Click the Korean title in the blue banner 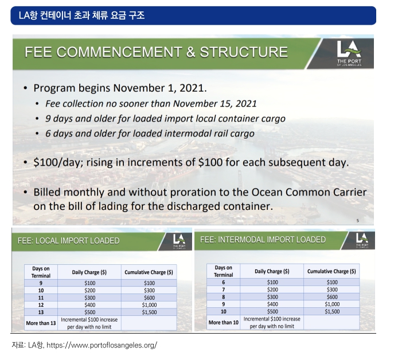82,15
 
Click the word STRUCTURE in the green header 244,52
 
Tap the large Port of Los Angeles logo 349,53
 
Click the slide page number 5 358,221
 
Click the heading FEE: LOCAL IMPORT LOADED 69,241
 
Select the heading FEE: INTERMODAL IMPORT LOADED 263,240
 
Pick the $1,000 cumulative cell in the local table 149,305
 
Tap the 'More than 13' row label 41,323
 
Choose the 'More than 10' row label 223,323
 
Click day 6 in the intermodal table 223,283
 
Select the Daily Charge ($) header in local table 89,272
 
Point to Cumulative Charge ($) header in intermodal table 331,271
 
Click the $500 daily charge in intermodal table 272,311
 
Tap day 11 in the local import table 41,298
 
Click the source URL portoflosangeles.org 102,345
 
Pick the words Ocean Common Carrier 309,192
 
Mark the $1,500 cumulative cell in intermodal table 332,311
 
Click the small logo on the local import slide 179,241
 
